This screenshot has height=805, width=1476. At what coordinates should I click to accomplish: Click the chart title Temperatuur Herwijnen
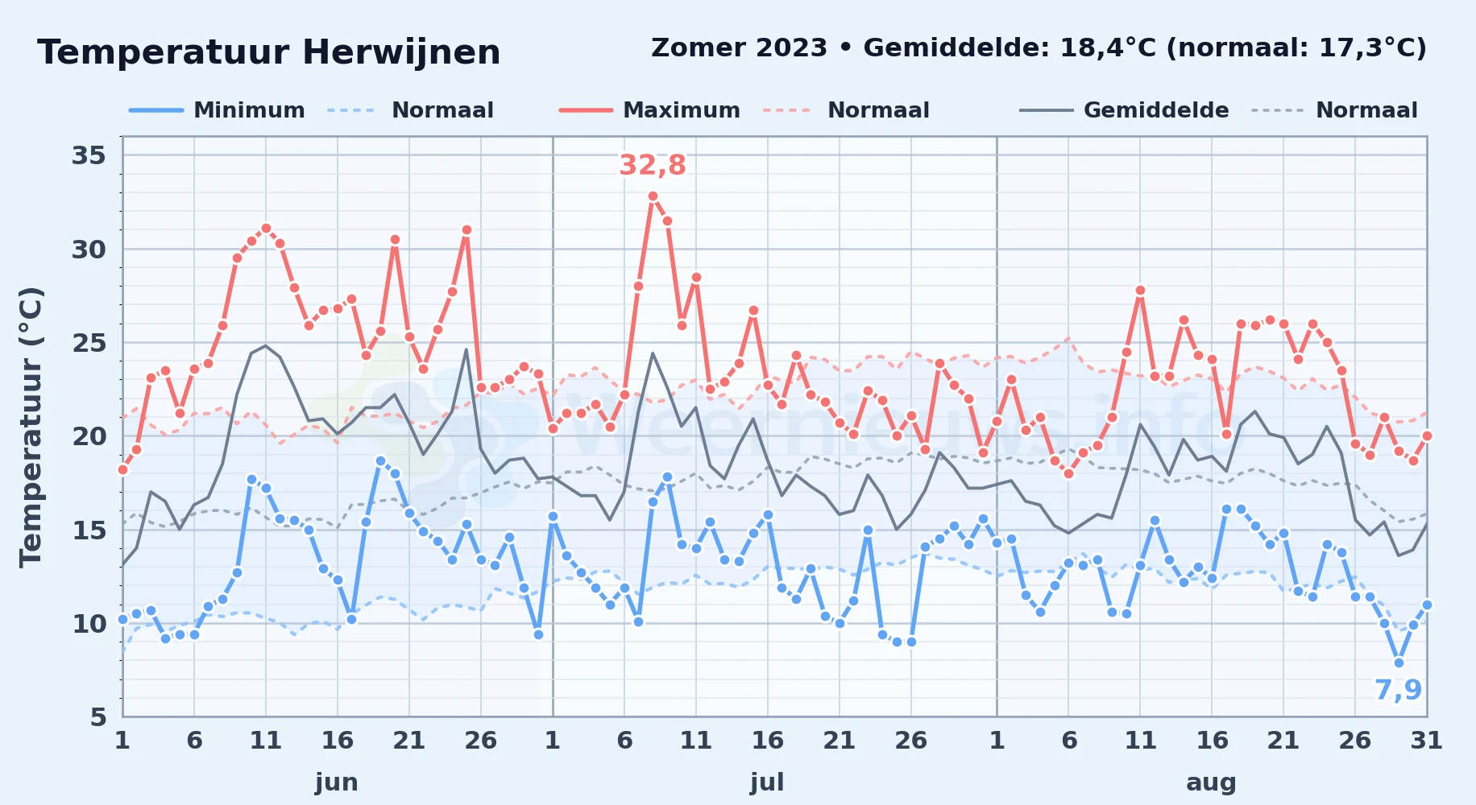point(269,52)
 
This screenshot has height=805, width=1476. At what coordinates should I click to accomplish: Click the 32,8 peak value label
point(653,165)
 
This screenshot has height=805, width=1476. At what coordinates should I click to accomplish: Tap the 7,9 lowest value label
point(1398,690)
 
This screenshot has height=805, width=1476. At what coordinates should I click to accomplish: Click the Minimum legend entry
point(217,110)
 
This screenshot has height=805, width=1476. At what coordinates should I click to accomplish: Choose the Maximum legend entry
point(649,110)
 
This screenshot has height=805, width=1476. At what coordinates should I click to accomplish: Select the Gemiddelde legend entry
point(1124,110)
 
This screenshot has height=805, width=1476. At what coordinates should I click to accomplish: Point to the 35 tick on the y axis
point(89,155)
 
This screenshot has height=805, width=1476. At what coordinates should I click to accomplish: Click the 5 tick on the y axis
point(98,716)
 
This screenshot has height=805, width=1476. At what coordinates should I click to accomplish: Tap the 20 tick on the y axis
point(89,436)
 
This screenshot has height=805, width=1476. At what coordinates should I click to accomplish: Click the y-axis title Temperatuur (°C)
point(31,427)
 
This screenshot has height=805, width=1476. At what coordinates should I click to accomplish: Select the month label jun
point(337,782)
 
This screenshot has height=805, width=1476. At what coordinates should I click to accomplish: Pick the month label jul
point(767,782)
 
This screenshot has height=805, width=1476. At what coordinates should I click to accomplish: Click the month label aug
point(1211,782)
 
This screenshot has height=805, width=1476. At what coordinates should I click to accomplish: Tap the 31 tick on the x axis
point(1426,740)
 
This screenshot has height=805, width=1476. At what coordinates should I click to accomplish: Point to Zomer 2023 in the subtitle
point(739,47)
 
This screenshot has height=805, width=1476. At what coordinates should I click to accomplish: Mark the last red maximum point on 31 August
point(1427,436)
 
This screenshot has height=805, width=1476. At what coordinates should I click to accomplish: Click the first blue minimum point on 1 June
point(122,619)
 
